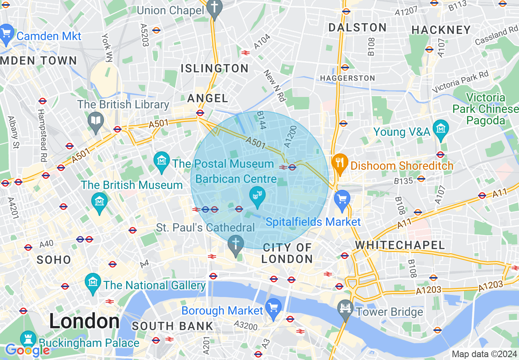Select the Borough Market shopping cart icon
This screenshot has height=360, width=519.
click(x=273, y=307)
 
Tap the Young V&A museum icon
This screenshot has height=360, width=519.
click(x=441, y=128)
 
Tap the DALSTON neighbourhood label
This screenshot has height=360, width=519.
click(x=358, y=27)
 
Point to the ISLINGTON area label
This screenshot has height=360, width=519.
click(x=214, y=68)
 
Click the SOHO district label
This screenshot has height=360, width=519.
click(x=54, y=260)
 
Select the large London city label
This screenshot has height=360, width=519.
click(x=84, y=322)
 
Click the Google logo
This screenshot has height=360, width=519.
click(x=27, y=350)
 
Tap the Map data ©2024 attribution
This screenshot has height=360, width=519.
click(x=484, y=354)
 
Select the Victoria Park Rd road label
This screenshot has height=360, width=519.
click(x=461, y=81)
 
